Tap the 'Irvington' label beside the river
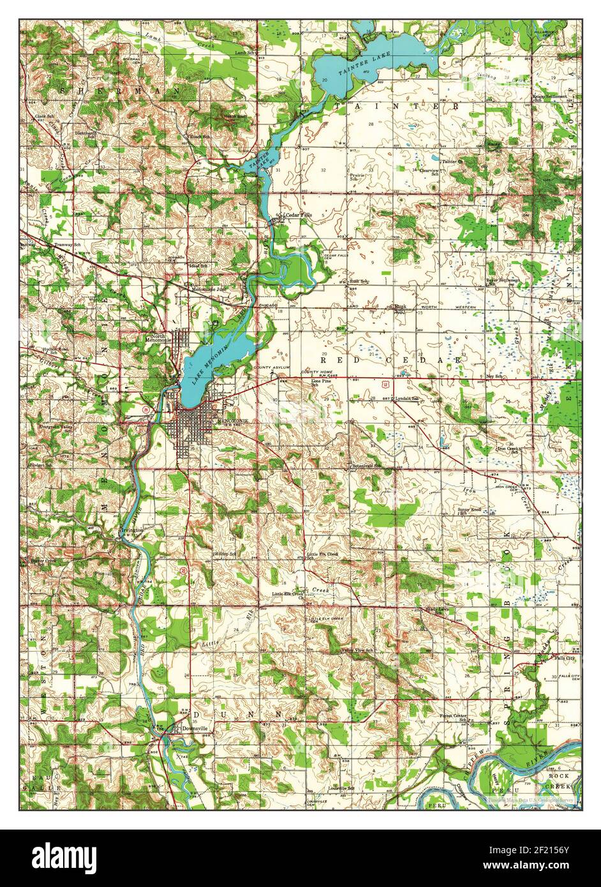click(130, 531)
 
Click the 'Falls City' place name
click(565, 658)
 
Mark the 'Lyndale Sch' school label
click(406, 399)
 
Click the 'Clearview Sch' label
click(427, 172)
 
